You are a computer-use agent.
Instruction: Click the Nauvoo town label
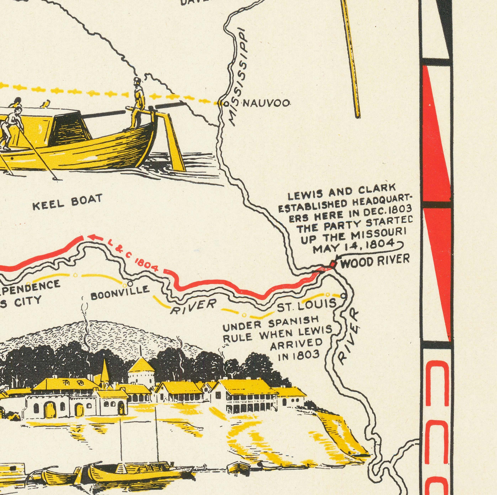(x=266, y=104)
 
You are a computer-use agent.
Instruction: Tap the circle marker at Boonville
(x=130, y=283)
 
